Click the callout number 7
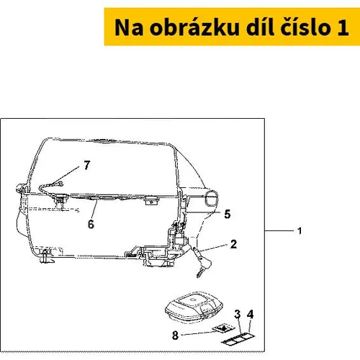pos(87,165)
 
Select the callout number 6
pos(91,224)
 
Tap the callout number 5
pos(228,214)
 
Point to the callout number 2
pos(233,244)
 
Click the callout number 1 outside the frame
pos(300,231)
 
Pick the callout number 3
pos(238,314)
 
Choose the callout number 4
pos(250,314)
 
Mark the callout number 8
pos(176,335)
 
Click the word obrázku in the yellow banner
pos(194,27)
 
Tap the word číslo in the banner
pos(306,27)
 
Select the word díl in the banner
pos(260,27)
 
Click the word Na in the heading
pos(129,27)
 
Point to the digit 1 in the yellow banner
pos(343,27)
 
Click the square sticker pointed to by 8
pos(223,328)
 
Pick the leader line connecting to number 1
pos(279,231)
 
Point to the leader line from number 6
pos(95,210)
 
